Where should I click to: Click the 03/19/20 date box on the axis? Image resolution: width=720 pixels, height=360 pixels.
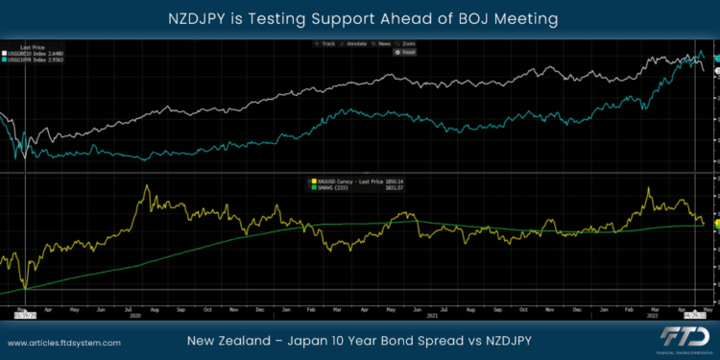24,313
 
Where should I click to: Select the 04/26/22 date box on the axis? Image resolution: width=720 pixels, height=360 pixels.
693,313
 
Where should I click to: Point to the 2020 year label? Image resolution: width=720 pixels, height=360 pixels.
134,314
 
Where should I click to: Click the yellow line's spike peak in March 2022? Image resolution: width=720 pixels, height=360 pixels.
648,189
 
